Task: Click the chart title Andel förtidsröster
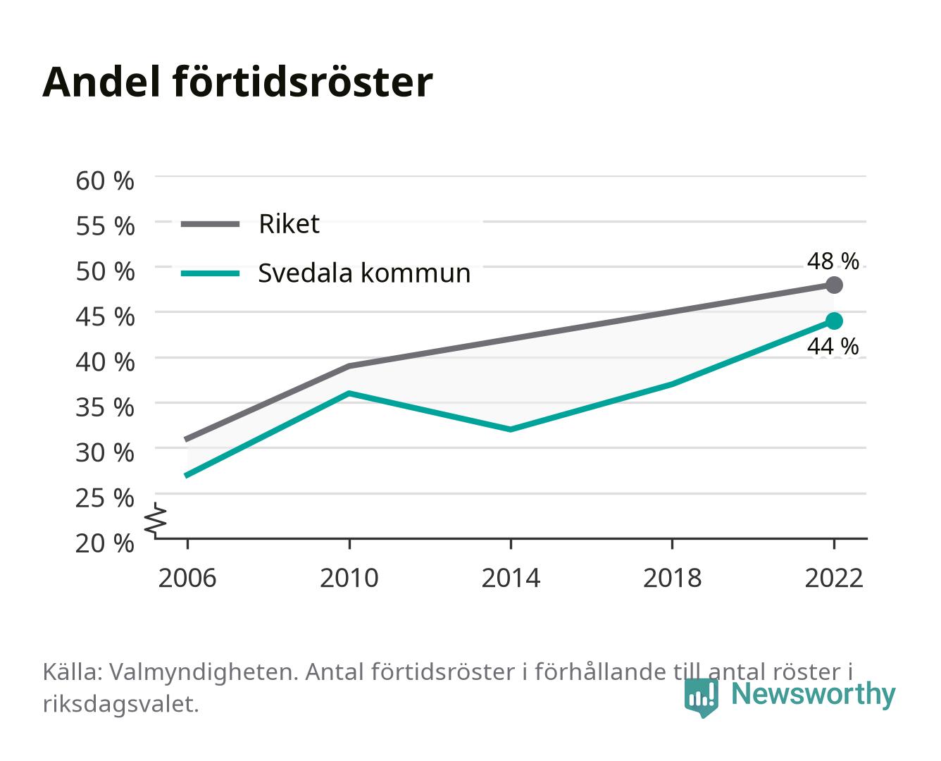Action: tap(237, 82)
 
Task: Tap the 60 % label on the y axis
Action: tap(105, 181)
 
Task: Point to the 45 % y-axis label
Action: tap(105, 317)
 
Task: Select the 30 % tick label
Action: tap(105, 452)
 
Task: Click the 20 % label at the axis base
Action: tap(105, 543)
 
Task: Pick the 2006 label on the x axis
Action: tap(187, 578)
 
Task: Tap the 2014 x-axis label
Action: tap(511, 578)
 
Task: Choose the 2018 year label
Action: tap(672, 578)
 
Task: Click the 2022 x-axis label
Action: tap(834, 578)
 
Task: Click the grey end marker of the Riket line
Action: tap(834, 285)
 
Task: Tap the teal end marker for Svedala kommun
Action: tap(834, 321)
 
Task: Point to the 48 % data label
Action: tap(833, 261)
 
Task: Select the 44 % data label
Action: tap(833, 346)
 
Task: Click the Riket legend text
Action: tap(289, 223)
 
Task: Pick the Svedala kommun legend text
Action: tap(364, 273)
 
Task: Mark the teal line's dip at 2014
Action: tap(511, 429)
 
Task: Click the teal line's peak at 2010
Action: tap(349, 393)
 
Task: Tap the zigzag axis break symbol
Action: tap(156, 520)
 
